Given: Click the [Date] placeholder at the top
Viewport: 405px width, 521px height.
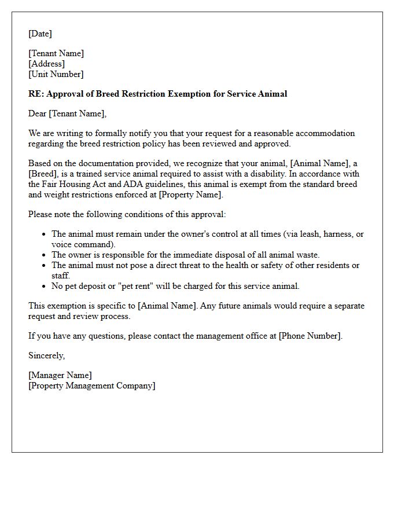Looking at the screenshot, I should (40, 34).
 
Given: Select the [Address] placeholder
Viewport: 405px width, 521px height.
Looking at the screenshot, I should (46, 64).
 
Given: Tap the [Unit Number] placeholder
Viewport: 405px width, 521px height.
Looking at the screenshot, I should (56, 74).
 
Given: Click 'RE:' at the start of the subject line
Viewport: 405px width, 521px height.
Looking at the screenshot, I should (36, 94).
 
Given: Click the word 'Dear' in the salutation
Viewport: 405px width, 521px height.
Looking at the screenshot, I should (38, 113).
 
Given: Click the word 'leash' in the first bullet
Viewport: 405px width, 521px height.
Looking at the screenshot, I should (300, 234).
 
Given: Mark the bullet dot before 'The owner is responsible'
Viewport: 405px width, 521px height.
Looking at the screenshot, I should (45, 255).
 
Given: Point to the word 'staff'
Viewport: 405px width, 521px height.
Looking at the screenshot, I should (60, 276).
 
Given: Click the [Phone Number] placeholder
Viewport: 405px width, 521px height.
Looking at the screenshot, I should (310, 336).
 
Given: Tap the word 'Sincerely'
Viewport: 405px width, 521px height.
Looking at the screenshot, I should (46, 355).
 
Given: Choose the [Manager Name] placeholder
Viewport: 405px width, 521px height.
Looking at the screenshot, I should (60, 375).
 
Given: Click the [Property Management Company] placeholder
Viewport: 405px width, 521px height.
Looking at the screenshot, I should (91, 386).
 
